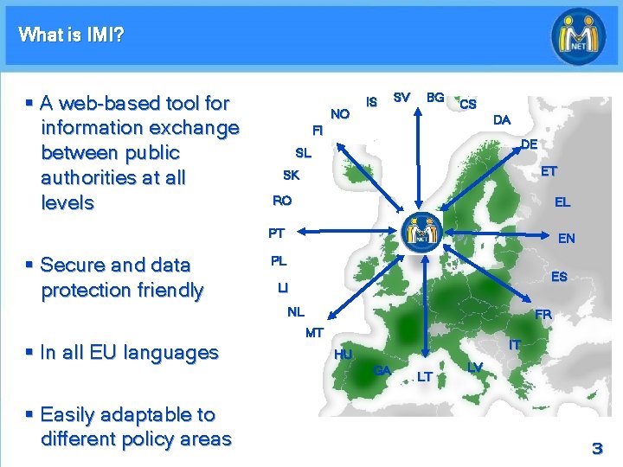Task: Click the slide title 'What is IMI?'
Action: pyautogui.click(x=71, y=35)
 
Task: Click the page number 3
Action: pyautogui.click(x=596, y=448)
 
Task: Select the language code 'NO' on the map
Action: pyautogui.click(x=340, y=113)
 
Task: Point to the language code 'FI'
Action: pyautogui.click(x=318, y=131)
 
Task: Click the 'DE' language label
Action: pyautogui.click(x=530, y=144)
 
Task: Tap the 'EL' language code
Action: pyautogui.click(x=562, y=202)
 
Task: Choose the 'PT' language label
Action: pyautogui.click(x=276, y=233)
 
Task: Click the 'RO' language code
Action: pyautogui.click(x=282, y=201)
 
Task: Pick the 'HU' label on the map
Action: pyautogui.click(x=344, y=355)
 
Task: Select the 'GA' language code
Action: pyautogui.click(x=382, y=371)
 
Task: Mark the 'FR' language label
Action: pyautogui.click(x=543, y=315)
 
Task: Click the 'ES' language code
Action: pyautogui.click(x=559, y=277)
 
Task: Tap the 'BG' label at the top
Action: pyautogui.click(x=435, y=98)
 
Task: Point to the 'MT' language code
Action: pyautogui.click(x=314, y=333)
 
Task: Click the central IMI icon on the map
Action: pyautogui.click(x=424, y=228)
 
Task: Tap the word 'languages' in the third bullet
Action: pyautogui.click(x=172, y=353)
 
